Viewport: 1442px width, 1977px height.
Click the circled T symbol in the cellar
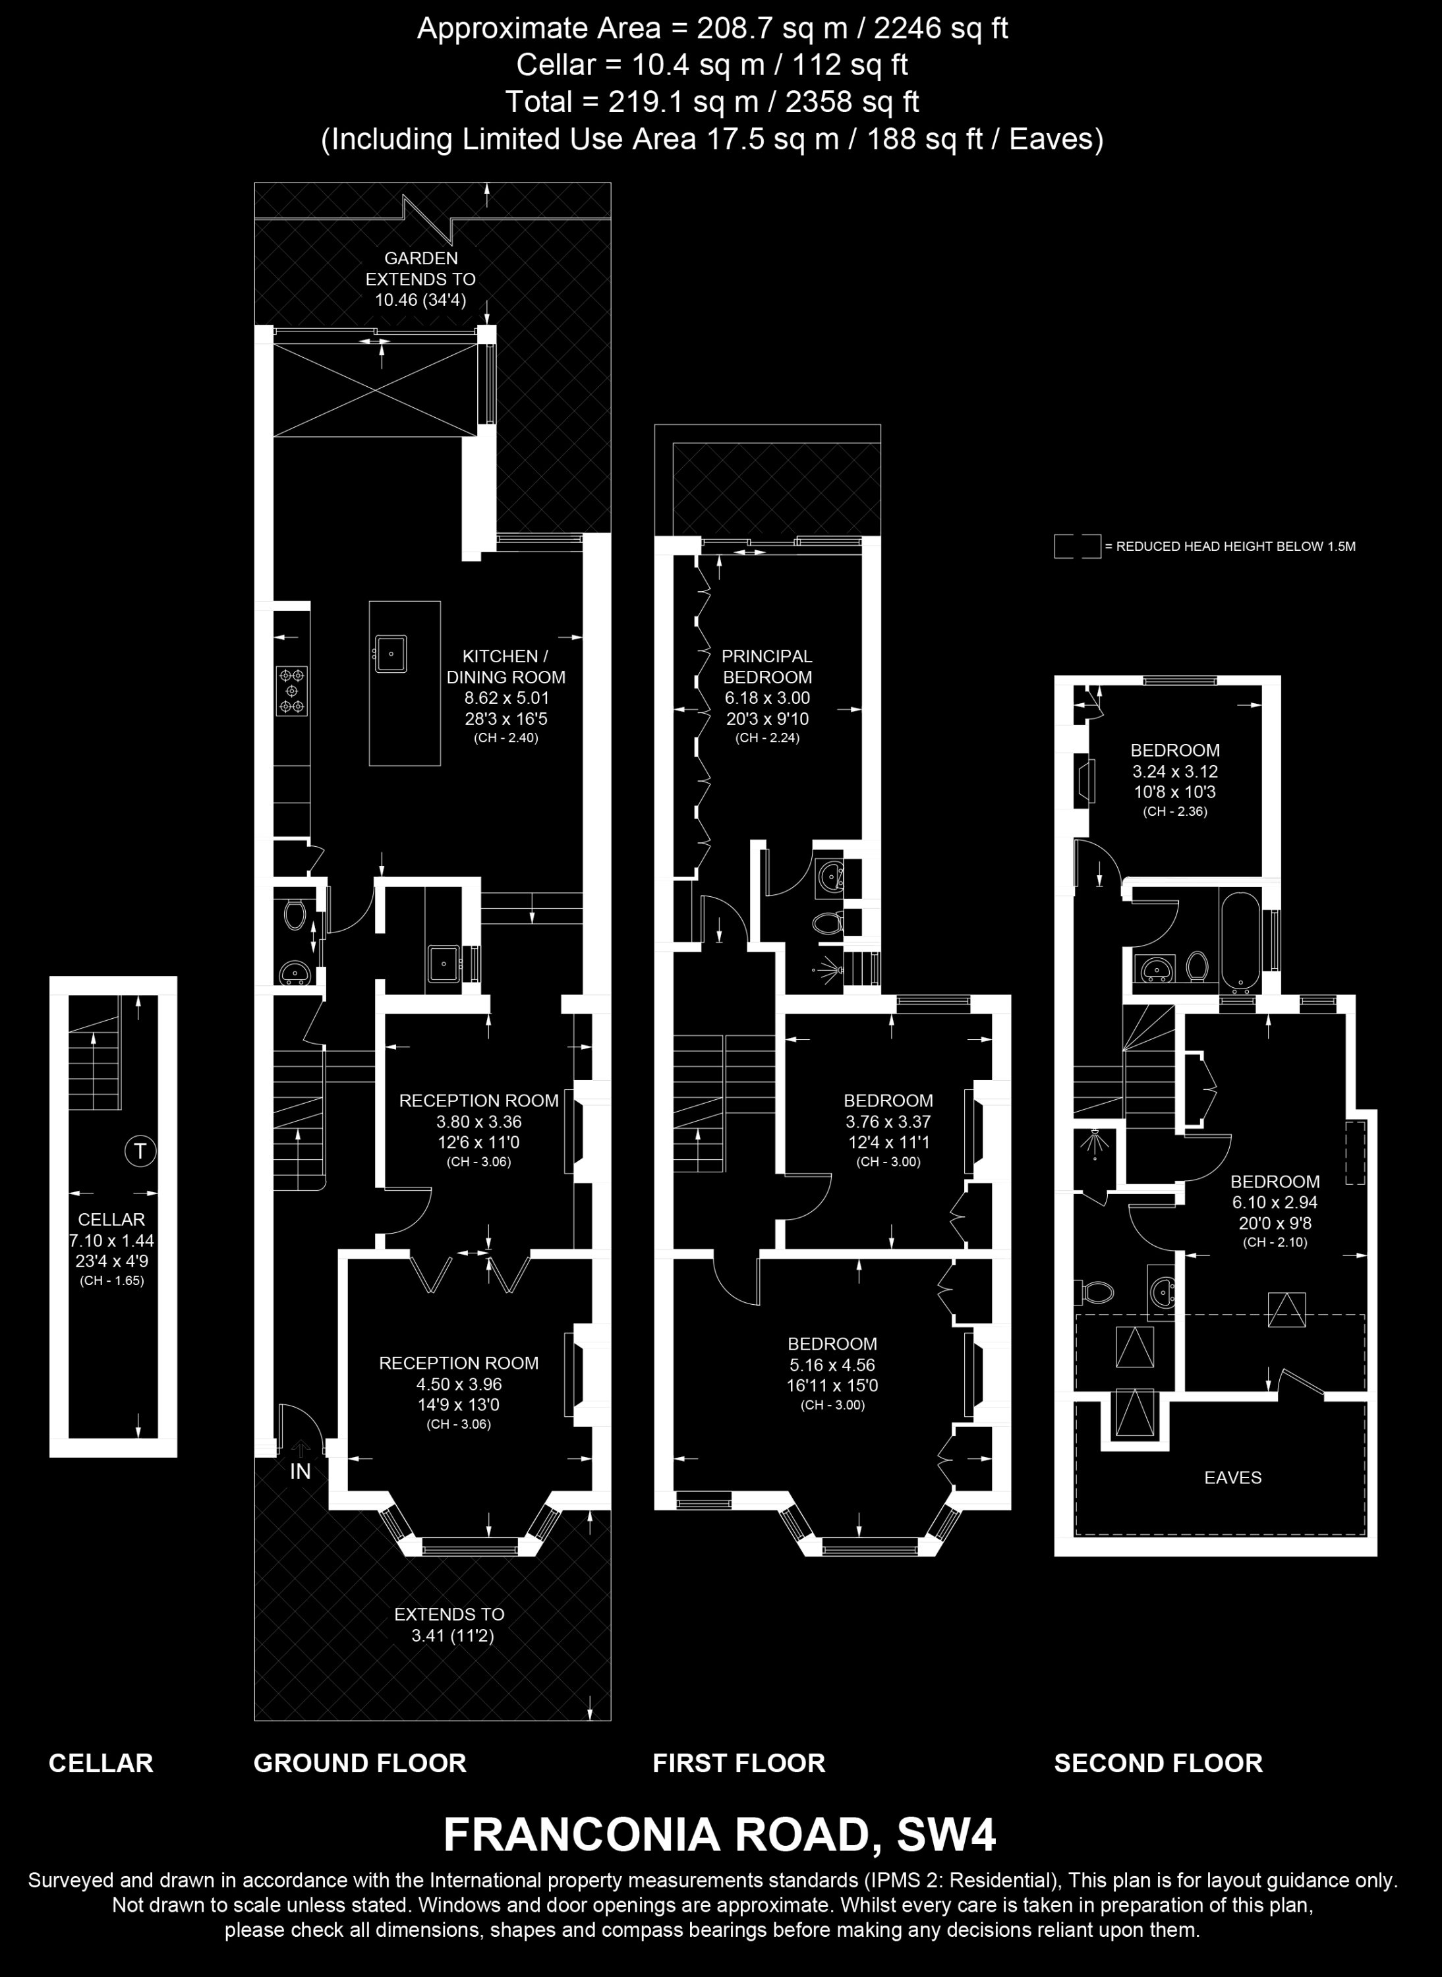(140, 1151)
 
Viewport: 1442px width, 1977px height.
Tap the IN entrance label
(301, 1471)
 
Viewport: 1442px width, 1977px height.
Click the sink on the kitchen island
(391, 651)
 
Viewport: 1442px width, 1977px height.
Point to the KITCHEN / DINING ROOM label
(506, 666)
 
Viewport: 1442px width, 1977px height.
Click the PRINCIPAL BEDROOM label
(767, 666)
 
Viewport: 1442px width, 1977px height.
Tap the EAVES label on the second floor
(1232, 1477)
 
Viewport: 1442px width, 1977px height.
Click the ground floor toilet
(295, 915)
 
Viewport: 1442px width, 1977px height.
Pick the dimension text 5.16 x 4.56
(832, 1364)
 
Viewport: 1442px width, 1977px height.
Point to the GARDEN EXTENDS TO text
(420, 269)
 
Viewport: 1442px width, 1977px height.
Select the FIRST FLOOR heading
(738, 1762)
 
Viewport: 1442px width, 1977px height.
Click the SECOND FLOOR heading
(1159, 1762)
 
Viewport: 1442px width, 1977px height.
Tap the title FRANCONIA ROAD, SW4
(720, 1835)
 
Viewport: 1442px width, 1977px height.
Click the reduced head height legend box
(1077, 546)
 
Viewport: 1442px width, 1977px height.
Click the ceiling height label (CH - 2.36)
(1175, 811)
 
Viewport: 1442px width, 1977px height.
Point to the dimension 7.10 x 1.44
(112, 1240)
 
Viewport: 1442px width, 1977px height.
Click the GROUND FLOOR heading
(360, 1762)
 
